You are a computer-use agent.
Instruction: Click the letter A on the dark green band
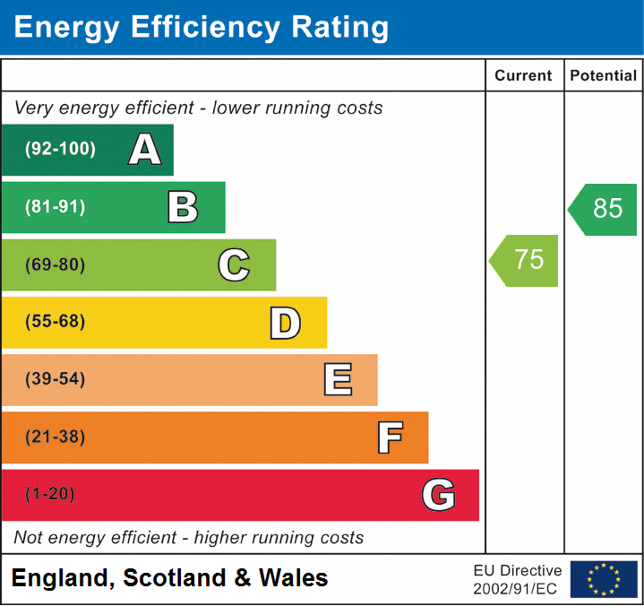point(144,150)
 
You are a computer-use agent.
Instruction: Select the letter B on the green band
point(183,207)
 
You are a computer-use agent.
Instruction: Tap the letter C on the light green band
point(234,264)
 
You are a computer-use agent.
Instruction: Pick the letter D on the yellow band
point(285,323)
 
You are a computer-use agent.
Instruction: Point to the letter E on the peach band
point(337,380)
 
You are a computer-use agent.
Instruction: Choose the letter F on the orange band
point(389,437)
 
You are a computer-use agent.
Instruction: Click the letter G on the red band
point(439,495)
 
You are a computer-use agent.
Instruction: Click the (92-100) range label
point(60,150)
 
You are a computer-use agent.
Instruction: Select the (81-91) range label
point(56,207)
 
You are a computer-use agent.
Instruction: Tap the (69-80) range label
point(56,264)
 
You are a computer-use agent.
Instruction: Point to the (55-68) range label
point(56,322)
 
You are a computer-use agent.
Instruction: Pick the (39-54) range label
point(56,379)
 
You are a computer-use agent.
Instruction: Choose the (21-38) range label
point(56,437)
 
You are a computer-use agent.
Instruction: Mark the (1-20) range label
point(51,495)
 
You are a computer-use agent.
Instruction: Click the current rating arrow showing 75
point(526,260)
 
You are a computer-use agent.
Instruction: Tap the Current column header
point(524,76)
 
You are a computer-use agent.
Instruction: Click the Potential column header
point(604,76)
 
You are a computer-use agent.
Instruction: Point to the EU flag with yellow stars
point(604,579)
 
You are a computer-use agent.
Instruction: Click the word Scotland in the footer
point(175,578)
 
